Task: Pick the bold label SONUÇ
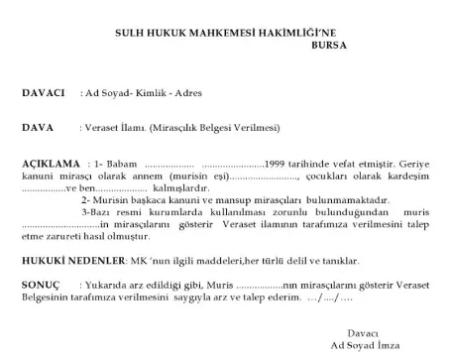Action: click(39, 282)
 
